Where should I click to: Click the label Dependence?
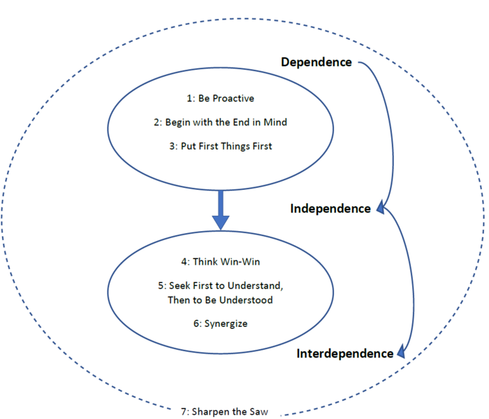point(316,62)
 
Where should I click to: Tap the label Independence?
point(330,209)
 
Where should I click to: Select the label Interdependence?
point(345,353)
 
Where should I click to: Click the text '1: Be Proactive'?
point(221,98)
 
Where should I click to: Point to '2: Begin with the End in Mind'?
point(221,122)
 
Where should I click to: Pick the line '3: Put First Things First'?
point(221,146)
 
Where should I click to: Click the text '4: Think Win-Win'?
point(221,262)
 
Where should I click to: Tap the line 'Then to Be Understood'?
point(221,300)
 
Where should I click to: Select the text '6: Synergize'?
point(221,323)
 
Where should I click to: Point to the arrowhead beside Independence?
point(381,206)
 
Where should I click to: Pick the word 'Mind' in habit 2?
point(275,122)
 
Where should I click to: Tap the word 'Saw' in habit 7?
point(258,411)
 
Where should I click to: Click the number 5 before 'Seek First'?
point(161,286)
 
